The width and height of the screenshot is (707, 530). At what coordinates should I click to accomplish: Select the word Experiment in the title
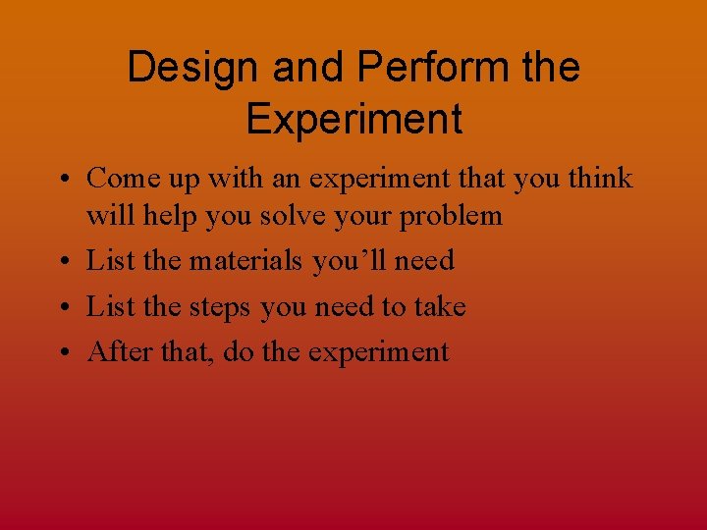(x=353, y=119)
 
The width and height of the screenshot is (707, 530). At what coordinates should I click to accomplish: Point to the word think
(x=598, y=179)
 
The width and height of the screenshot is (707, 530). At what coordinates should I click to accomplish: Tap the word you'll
(x=350, y=261)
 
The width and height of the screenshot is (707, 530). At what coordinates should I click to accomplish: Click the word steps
(x=221, y=307)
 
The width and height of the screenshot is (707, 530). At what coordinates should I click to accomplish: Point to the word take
(x=439, y=307)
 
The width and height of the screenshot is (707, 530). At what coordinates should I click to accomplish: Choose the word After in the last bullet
(x=116, y=351)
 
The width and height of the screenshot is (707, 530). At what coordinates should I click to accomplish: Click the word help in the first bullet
(x=169, y=215)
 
